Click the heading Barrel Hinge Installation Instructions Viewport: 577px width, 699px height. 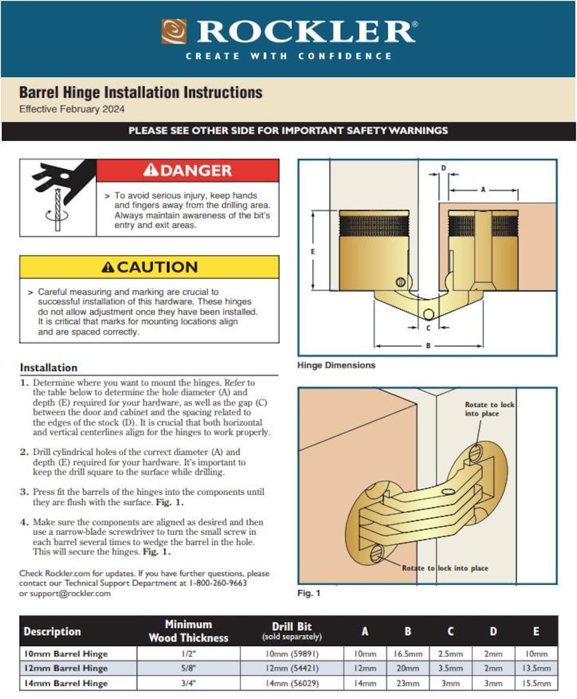pos(140,93)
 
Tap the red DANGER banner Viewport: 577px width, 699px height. pos(187,171)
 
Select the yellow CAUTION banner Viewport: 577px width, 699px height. pos(149,267)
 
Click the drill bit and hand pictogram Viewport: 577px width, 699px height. pos(57,198)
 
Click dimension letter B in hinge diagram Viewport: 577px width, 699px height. pos(428,346)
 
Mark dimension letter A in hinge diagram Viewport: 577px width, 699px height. pos(483,189)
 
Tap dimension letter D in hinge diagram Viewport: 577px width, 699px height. pos(444,168)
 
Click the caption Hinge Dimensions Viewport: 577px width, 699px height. pos(336,365)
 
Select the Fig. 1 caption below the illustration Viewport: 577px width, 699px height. pos(309,594)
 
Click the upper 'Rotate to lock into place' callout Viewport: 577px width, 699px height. pos(491,409)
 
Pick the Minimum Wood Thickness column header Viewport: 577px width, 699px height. pos(188,631)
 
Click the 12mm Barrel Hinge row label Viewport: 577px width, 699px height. pos(65,668)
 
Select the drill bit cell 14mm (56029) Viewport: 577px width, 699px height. pos(291,684)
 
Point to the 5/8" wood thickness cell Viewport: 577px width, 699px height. pos(188,668)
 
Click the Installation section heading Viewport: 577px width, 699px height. pos(48,368)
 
